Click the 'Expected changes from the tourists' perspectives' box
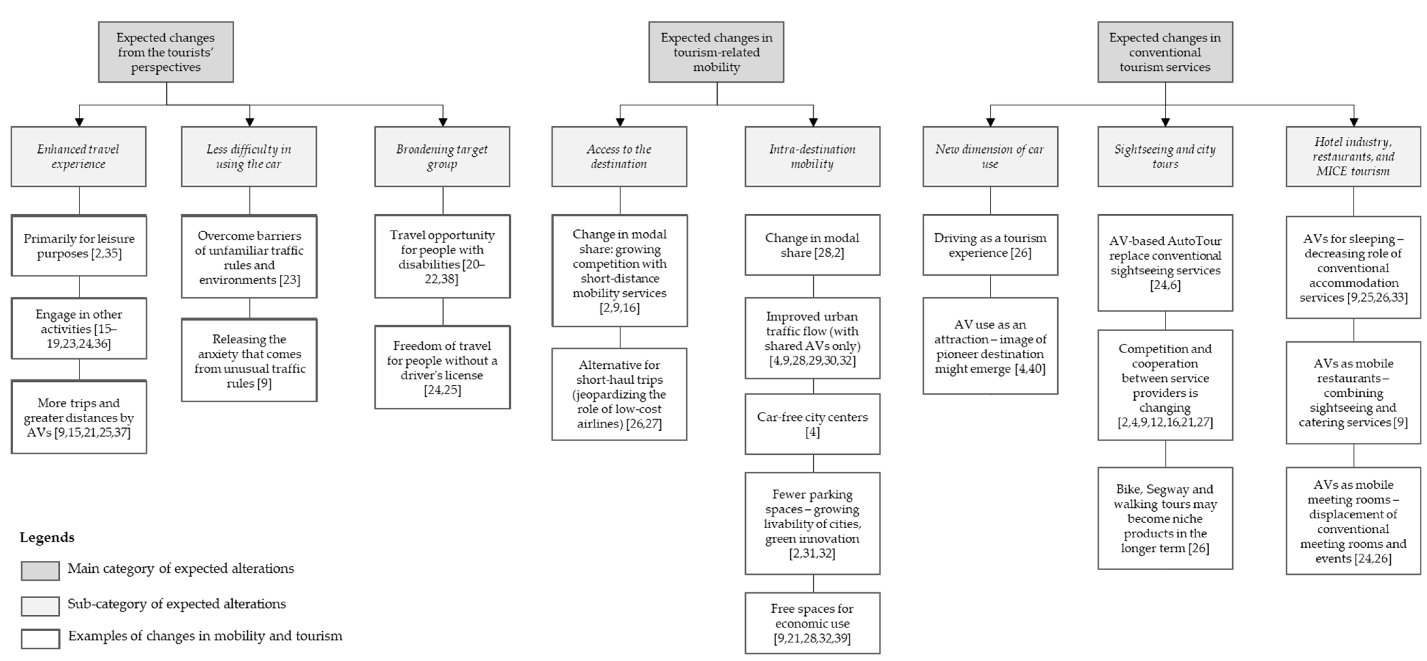click(x=166, y=52)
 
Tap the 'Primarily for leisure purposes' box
click(x=79, y=245)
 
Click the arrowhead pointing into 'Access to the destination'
click(x=620, y=122)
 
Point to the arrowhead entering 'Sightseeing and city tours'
click(x=1165, y=122)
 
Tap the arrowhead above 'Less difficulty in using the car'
click(x=249, y=122)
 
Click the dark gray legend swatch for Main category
click(x=40, y=571)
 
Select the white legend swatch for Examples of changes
click(x=40, y=638)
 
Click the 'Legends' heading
click(x=47, y=537)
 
